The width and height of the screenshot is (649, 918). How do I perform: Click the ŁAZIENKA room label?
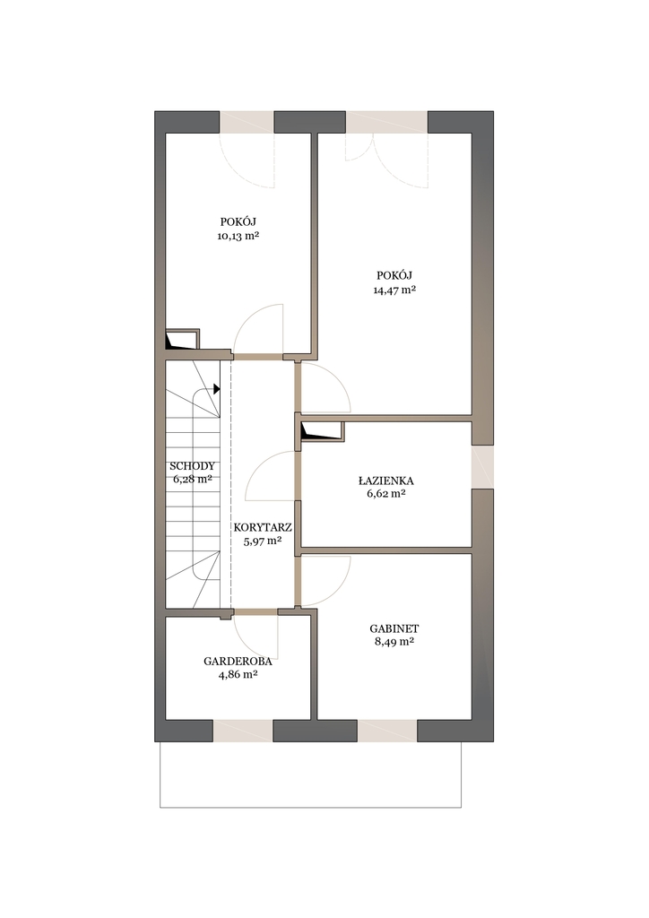click(385, 481)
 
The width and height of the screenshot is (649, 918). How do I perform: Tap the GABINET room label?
click(394, 628)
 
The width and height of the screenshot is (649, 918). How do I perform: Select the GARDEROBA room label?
click(238, 662)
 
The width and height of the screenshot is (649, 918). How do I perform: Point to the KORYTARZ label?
click(262, 527)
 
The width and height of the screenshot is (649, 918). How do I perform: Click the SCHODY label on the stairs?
click(192, 466)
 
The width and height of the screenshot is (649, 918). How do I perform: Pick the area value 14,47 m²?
click(394, 290)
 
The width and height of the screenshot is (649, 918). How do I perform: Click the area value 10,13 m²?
click(238, 236)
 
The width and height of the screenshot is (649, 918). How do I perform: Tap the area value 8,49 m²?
click(394, 642)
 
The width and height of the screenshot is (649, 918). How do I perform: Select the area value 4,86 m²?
click(238, 674)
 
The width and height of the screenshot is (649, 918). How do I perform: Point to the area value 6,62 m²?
click(386, 494)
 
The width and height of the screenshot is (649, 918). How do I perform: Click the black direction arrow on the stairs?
click(217, 388)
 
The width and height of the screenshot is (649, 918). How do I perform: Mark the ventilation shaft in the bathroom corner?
click(321, 430)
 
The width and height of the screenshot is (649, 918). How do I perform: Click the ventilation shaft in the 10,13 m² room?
click(183, 339)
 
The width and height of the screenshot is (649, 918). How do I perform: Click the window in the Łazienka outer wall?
click(482, 466)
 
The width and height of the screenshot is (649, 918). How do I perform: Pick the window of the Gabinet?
click(387, 731)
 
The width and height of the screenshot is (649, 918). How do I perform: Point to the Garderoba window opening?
click(243, 731)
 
